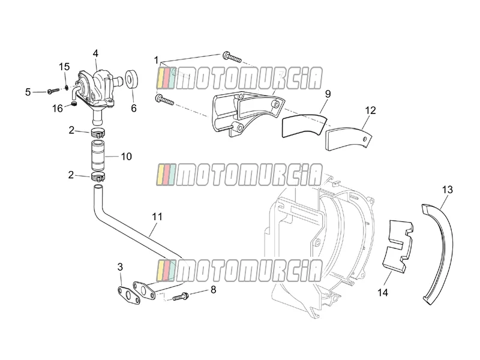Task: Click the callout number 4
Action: [95, 53]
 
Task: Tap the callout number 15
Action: [64, 67]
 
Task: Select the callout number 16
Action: [57, 109]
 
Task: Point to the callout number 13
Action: [447, 190]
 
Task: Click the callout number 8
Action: [214, 290]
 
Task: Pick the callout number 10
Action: [126, 157]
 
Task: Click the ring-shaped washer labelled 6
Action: [131, 79]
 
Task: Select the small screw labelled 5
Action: [53, 91]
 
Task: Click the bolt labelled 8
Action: [181, 296]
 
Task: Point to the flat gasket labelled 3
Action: [129, 295]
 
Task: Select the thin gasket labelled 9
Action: [303, 125]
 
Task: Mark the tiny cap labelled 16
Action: [74, 104]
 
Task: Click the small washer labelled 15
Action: [67, 88]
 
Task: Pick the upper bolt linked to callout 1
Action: [232, 57]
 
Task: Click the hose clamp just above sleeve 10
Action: [98, 133]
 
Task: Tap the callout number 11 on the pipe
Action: [157, 217]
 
